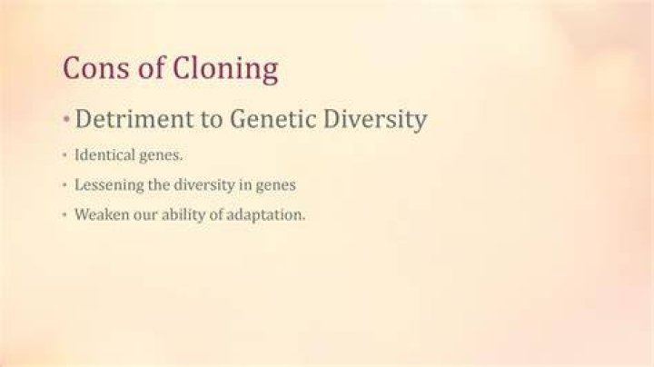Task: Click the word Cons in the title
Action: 96,67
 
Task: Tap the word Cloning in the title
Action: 225,70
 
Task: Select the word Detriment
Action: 134,118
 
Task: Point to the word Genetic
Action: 273,118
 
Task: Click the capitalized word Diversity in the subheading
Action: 375,120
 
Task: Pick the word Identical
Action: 104,154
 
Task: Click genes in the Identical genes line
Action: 161,156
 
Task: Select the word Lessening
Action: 109,185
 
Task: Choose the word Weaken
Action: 102,214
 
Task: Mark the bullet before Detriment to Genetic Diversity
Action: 66,120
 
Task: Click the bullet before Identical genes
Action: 64,155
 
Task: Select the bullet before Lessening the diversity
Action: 64,184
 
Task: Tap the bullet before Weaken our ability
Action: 64,214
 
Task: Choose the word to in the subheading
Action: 212,119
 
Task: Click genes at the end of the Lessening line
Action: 276,186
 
